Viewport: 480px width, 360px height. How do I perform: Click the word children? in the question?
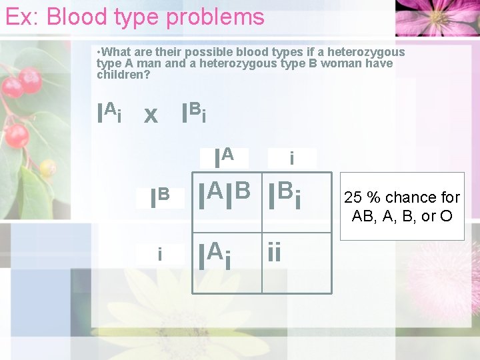(123, 74)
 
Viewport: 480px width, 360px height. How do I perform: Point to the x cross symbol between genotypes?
(151, 116)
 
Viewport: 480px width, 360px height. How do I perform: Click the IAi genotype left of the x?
(109, 113)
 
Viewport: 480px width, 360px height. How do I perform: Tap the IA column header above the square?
(224, 158)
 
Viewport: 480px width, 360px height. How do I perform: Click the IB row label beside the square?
(160, 198)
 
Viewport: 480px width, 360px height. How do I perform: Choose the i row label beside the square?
(159, 254)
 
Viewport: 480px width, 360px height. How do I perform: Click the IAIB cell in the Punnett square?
(226, 195)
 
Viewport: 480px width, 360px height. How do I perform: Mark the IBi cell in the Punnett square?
(285, 195)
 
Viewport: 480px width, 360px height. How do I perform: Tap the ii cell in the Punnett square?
(275, 254)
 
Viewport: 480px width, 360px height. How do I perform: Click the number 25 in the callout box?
(353, 197)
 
